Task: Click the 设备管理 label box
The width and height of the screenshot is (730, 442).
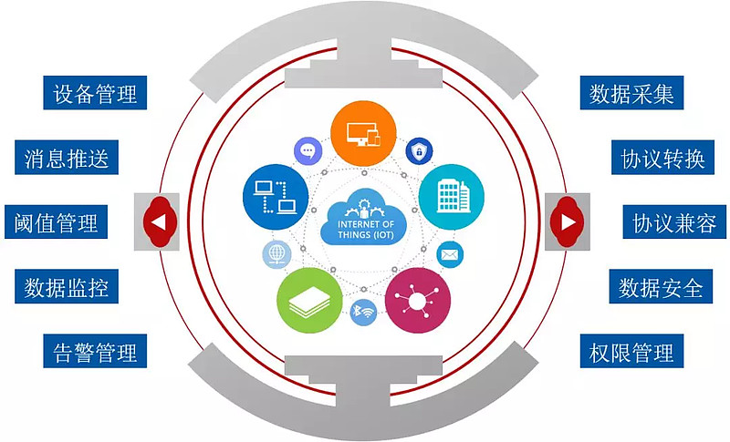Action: click(95, 93)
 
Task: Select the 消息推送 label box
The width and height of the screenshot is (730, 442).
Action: click(67, 157)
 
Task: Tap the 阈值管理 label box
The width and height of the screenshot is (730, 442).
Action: click(57, 221)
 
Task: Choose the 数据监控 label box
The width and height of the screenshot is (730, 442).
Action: click(67, 286)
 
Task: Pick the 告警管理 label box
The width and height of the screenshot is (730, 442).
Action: click(95, 351)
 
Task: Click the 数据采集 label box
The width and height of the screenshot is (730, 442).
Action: click(631, 93)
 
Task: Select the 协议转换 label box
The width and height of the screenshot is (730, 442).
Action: click(663, 157)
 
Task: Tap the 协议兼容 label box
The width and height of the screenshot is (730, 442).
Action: click(674, 221)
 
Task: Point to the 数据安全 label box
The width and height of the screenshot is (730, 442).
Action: click(661, 286)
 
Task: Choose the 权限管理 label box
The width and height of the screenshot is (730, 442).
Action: click(631, 351)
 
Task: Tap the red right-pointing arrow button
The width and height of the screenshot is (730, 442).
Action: click(567, 221)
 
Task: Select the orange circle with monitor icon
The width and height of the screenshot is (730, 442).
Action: click(363, 133)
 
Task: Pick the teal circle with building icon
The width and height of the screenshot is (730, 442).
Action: click(452, 197)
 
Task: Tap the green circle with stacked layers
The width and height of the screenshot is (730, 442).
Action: click(309, 300)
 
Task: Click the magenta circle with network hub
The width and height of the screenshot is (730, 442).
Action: click(418, 300)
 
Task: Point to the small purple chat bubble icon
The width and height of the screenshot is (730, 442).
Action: click(308, 150)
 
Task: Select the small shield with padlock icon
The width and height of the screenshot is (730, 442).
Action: click(420, 151)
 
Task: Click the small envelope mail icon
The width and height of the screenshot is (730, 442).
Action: click(450, 254)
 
